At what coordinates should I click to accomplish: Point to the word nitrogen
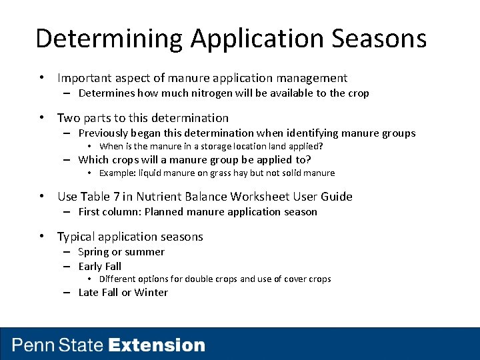201,93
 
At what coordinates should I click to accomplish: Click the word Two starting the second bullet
68,118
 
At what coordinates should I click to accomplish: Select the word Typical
77,237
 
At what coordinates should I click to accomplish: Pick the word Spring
93,252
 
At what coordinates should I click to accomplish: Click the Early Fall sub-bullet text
100,266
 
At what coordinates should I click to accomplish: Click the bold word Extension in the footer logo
157,345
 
